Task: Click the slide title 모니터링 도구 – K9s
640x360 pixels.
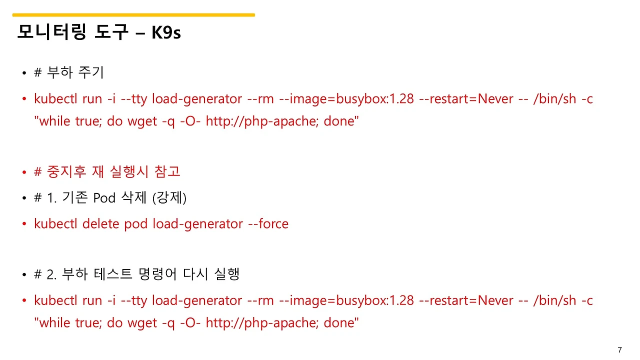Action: tap(98, 32)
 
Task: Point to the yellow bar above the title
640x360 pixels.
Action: tap(133, 15)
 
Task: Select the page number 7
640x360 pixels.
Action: tap(619, 350)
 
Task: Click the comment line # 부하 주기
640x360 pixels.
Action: tap(68, 72)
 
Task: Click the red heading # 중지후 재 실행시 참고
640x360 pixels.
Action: tap(107, 171)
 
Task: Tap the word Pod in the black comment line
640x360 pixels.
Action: tap(104, 198)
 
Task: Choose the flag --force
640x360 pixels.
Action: tap(268, 223)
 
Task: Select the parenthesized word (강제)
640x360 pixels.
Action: tap(169, 198)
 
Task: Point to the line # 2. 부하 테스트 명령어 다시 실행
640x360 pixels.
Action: tap(136, 274)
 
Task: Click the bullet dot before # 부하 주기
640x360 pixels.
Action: tap(23, 73)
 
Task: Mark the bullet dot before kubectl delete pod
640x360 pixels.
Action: tap(23, 224)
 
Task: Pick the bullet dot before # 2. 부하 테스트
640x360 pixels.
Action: tap(23, 275)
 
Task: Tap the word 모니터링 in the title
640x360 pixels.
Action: tap(46, 32)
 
